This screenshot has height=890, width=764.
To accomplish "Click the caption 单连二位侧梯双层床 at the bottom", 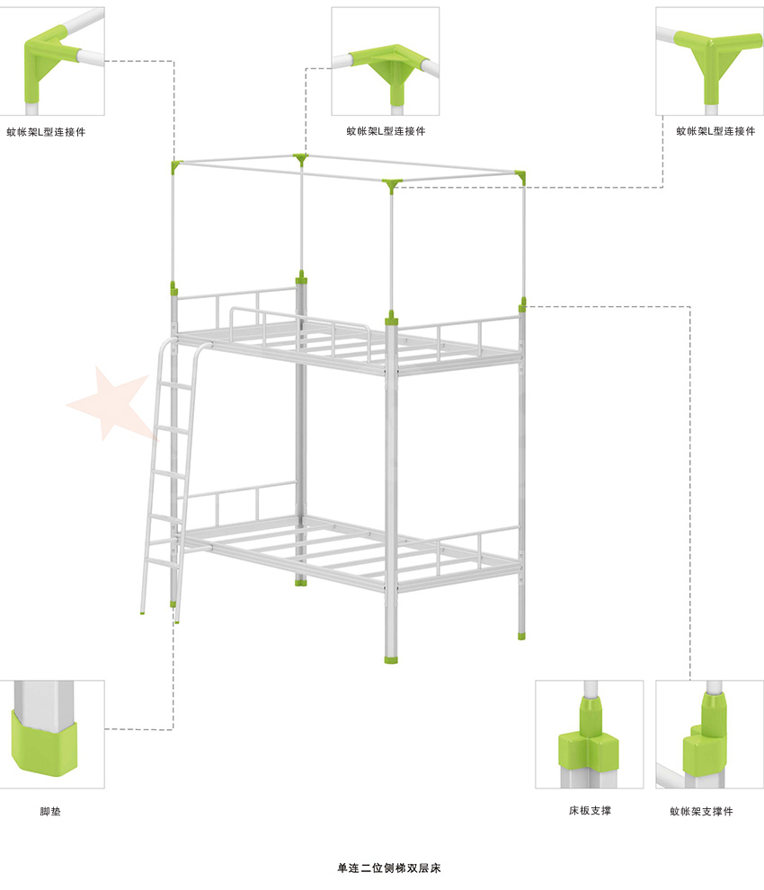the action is click(388, 868).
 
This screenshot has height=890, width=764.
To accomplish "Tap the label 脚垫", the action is click(50, 812).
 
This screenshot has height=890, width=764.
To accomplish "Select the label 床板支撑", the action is click(590, 811).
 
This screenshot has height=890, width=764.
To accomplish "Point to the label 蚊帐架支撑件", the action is click(701, 812).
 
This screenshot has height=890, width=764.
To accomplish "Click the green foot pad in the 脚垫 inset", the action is click(44, 744).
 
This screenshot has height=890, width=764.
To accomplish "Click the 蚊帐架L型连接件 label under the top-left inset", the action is click(46, 132).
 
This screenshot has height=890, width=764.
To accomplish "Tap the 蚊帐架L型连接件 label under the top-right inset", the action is click(715, 131).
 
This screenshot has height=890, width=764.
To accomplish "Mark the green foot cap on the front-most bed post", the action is click(391, 659).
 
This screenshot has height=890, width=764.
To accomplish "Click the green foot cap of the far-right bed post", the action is click(521, 636).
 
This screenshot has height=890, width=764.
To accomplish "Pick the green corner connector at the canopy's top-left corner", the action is click(175, 166).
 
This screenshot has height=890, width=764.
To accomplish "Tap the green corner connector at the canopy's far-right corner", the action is click(521, 177).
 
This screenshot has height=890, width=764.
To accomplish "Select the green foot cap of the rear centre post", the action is click(301, 582).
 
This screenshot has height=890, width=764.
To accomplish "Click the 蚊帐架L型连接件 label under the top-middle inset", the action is click(386, 131).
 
